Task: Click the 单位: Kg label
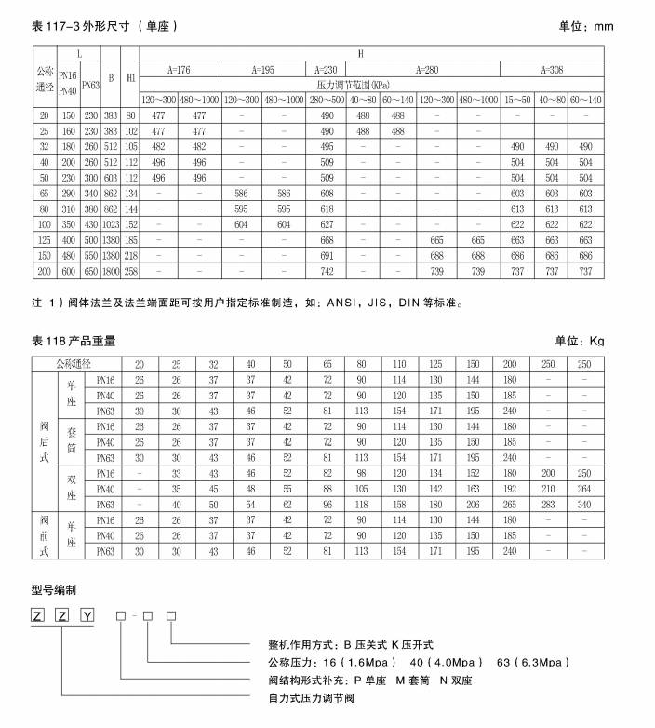579,341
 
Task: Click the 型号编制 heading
55,589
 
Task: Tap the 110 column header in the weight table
401,364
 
